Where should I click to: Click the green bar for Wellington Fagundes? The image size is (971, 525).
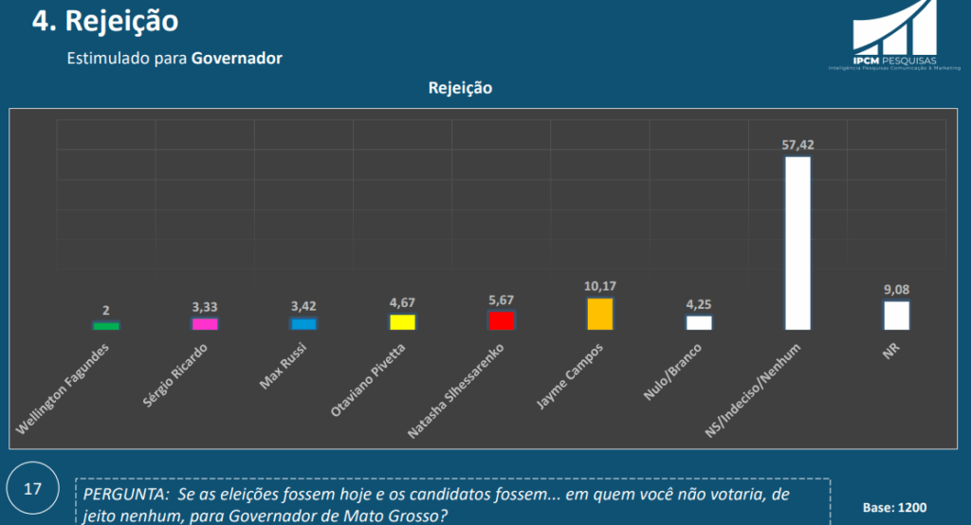pyautogui.click(x=106, y=326)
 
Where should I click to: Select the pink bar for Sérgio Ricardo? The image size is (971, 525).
pyautogui.click(x=205, y=323)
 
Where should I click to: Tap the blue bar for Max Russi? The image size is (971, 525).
pyautogui.click(x=303, y=323)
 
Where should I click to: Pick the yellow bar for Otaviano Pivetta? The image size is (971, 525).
pyautogui.click(x=403, y=321)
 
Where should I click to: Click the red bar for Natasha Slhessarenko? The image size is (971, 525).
pyautogui.click(x=501, y=319)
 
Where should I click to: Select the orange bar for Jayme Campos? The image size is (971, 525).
pyautogui.click(x=600, y=314)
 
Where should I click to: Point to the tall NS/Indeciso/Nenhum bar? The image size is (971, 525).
pyautogui.click(x=797, y=243)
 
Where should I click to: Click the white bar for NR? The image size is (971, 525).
pyautogui.click(x=896, y=316)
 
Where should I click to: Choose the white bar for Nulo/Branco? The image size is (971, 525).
pyautogui.click(x=699, y=322)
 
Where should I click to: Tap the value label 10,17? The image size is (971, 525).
pyautogui.click(x=600, y=285)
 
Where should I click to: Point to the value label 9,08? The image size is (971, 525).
pyautogui.click(x=896, y=289)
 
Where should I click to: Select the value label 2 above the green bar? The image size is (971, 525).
pyautogui.click(x=106, y=310)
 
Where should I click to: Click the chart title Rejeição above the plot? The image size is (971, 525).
pyautogui.click(x=460, y=88)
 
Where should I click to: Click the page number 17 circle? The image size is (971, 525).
pyautogui.click(x=33, y=490)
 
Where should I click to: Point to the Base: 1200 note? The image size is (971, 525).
pyautogui.click(x=894, y=507)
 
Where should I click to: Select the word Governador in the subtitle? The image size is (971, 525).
pyautogui.click(x=237, y=58)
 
